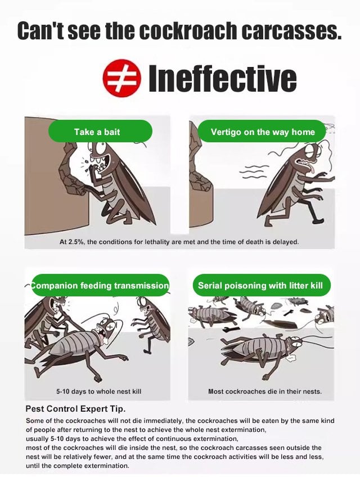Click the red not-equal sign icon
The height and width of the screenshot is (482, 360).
point(121,78)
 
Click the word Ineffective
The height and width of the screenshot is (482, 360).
point(223,79)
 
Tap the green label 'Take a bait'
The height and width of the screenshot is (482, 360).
point(100,132)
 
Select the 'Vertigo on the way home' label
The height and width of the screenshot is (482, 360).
point(262,132)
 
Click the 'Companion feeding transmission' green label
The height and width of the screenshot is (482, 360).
point(100,285)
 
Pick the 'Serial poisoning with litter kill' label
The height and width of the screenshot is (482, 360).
point(260,285)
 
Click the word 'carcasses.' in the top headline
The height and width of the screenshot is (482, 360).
point(291,30)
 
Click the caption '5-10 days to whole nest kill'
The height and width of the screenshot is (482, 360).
point(98,391)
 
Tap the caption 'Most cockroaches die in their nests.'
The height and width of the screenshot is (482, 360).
point(265,391)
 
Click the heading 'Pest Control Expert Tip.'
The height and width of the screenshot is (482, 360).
point(75,409)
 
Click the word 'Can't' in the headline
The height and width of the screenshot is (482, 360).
point(40,30)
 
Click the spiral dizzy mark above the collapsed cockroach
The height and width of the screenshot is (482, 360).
point(116,309)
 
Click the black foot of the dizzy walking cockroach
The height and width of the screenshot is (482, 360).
point(318,220)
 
